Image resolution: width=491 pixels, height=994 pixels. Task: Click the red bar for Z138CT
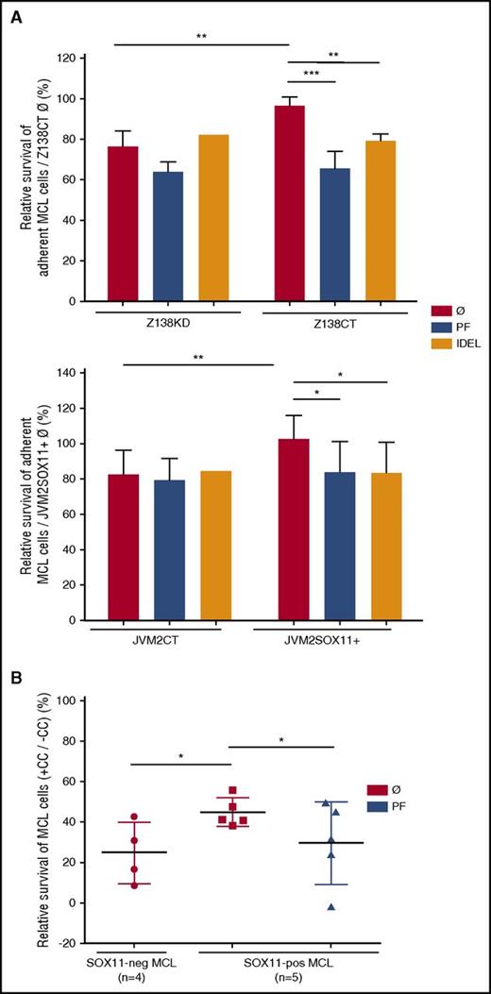point(289,203)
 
